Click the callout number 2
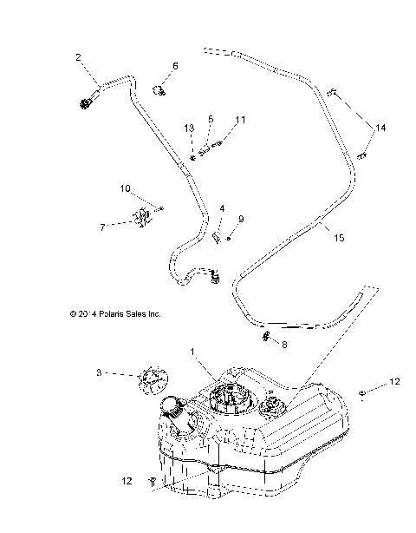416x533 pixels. coord(79,57)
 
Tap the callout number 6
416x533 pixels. coord(175,66)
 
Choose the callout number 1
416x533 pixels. coord(192,354)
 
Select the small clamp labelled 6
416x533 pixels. coord(159,88)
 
